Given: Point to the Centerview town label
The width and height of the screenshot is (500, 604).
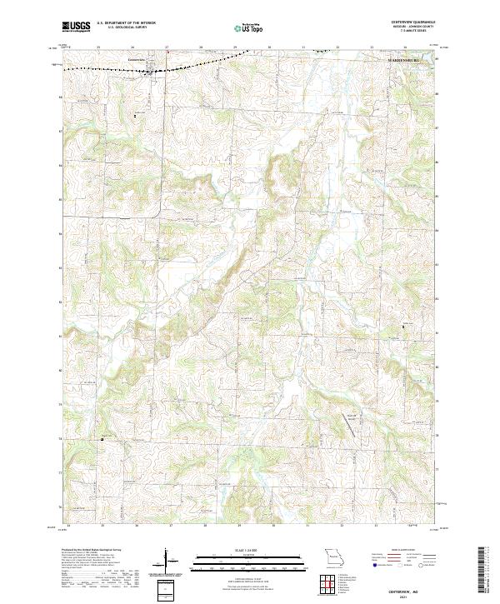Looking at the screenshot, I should (x=136, y=59).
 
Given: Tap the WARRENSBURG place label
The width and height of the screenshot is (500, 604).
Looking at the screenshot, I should (x=406, y=61).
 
